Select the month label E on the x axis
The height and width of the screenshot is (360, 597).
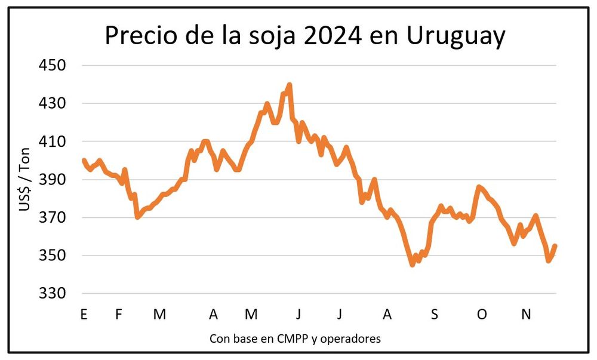click(x=83, y=315)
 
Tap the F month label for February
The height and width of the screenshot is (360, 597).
click(x=118, y=315)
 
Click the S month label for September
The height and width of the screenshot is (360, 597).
click(x=435, y=315)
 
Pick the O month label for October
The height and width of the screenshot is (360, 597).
click(x=481, y=315)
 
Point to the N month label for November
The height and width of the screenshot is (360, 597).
click(x=526, y=315)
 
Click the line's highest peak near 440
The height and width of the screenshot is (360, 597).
click(x=290, y=85)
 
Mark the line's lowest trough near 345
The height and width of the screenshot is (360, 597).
click(x=412, y=264)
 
